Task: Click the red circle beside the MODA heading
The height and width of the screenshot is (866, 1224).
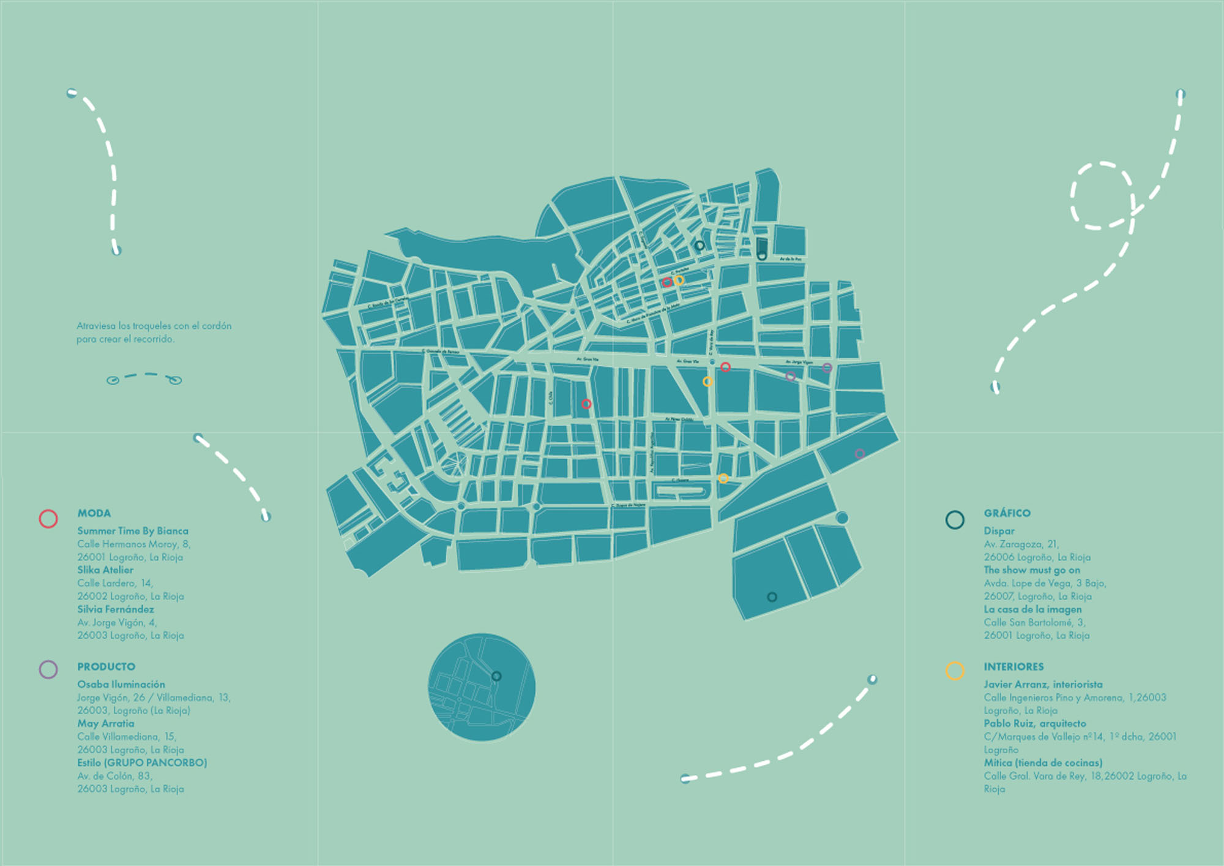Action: point(48,519)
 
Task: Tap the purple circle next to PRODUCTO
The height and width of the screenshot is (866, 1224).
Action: point(48,669)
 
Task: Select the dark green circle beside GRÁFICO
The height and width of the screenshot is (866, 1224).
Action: point(955,520)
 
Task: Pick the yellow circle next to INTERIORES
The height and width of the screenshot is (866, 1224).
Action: point(955,671)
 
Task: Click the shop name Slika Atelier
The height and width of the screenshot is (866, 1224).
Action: point(105,570)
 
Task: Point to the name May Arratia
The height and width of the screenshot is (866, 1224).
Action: point(105,723)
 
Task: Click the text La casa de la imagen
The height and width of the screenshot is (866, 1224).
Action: point(1032,609)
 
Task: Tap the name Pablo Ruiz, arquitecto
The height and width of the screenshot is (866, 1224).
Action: point(1034,723)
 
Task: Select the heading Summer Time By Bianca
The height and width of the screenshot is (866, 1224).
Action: point(132,531)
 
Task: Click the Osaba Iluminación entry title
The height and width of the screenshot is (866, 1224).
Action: point(121,684)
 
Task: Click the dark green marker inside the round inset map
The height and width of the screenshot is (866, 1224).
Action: point(496,676)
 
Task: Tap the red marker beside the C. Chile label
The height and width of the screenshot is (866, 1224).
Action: point(586,404)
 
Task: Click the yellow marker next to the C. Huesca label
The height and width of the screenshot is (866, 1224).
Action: point(723,478)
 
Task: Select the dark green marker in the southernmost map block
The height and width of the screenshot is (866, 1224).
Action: point(772,597)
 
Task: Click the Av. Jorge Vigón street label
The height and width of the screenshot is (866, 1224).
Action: point(799,363)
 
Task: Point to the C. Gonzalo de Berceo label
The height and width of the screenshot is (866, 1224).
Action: point(441,352)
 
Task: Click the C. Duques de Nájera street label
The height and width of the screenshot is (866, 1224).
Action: point(628,506)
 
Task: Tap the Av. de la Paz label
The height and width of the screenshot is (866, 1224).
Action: point(790,259)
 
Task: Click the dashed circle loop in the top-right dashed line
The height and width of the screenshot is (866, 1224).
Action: point(1101,196)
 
